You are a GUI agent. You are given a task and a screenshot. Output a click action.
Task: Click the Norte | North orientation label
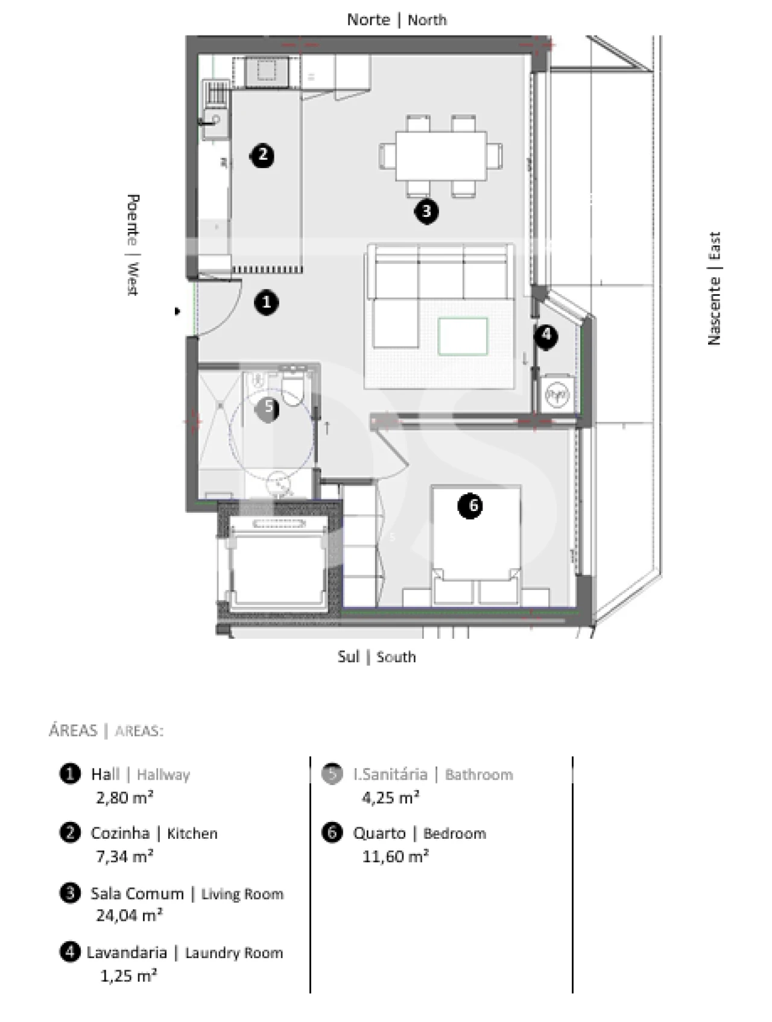click(x=396, y=20)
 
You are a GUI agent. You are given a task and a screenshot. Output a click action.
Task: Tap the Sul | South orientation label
click(x=376, y=657)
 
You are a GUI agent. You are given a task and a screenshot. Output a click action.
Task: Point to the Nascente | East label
click(x=714, y=288)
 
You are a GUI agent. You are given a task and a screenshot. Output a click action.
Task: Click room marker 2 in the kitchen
click(x=262, y=155)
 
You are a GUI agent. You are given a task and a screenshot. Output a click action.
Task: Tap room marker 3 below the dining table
click(x=426, y=212)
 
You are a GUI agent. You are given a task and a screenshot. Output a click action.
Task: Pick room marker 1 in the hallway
click(x=267, y=303)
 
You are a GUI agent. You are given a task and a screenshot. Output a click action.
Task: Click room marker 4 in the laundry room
click(x=546, y=335)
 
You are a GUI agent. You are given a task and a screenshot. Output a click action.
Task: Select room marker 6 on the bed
click(x=470, y=506)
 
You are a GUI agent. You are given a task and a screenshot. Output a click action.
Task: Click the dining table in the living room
click(x=441, y=156)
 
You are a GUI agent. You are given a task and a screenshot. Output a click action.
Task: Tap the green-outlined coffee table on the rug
click(x=463, y=337)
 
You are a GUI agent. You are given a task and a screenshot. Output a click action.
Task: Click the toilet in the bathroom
click(x=294, y=387)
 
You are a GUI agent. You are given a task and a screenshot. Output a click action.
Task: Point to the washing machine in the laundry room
click(x=557, y=395)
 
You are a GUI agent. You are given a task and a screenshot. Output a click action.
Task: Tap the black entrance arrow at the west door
click(x=177, y=312)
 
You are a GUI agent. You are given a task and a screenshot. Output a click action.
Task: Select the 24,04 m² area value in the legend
click(x=129, y=915)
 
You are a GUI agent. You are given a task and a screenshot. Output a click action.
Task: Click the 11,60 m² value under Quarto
click(x=395, y=856)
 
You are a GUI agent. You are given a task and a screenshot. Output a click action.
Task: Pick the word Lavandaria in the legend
click(x=127, y=953)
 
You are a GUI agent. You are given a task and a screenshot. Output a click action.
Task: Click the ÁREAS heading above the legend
click(x=73, y=730)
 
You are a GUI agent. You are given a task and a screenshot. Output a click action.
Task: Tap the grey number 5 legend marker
click(x=332, y=774)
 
